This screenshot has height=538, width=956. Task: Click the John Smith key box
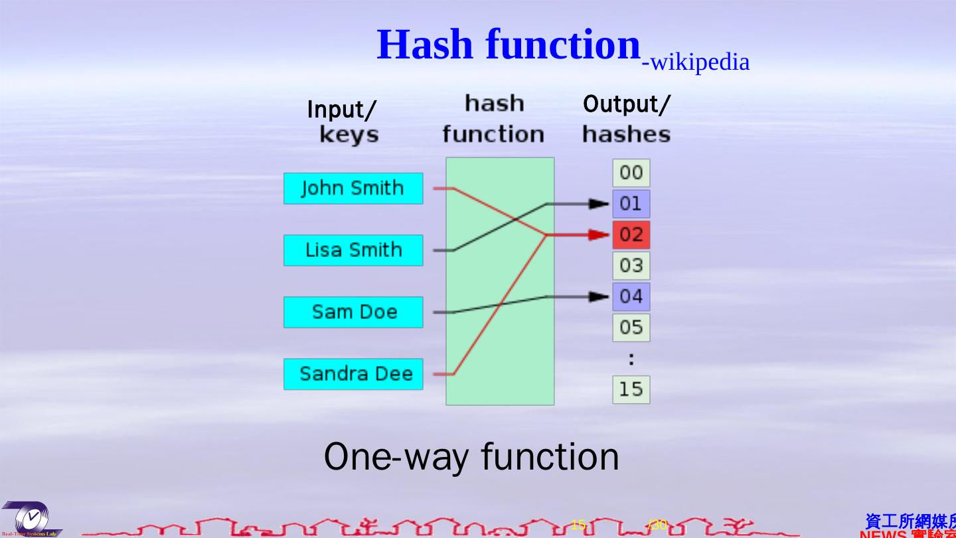point(353,189)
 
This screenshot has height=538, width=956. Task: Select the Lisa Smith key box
point(353,250)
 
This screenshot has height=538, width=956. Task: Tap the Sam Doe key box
point(353,312)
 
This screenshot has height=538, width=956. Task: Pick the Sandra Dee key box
point(353,374)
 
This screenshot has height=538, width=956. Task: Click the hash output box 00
point(631,173)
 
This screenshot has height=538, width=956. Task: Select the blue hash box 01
point(631,204)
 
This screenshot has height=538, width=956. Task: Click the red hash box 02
point(631,234)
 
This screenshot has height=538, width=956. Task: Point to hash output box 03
point(631,266)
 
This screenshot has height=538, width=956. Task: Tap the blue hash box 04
point(631,296)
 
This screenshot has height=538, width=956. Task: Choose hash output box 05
point(631,327)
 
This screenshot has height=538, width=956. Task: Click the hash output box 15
point(631,389)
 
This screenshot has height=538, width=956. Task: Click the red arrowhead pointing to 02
point(599,234)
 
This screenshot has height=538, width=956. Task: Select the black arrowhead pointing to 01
point(599,204)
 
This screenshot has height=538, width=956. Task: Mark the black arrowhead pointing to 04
point(599,296)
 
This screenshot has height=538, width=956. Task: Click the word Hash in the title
point(425,45)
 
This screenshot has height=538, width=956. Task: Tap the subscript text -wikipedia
point(696,62)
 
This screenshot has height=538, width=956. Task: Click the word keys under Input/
point(349,135)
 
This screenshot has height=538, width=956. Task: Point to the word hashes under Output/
point(626,135)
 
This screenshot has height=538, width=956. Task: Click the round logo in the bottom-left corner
point(30,519)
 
